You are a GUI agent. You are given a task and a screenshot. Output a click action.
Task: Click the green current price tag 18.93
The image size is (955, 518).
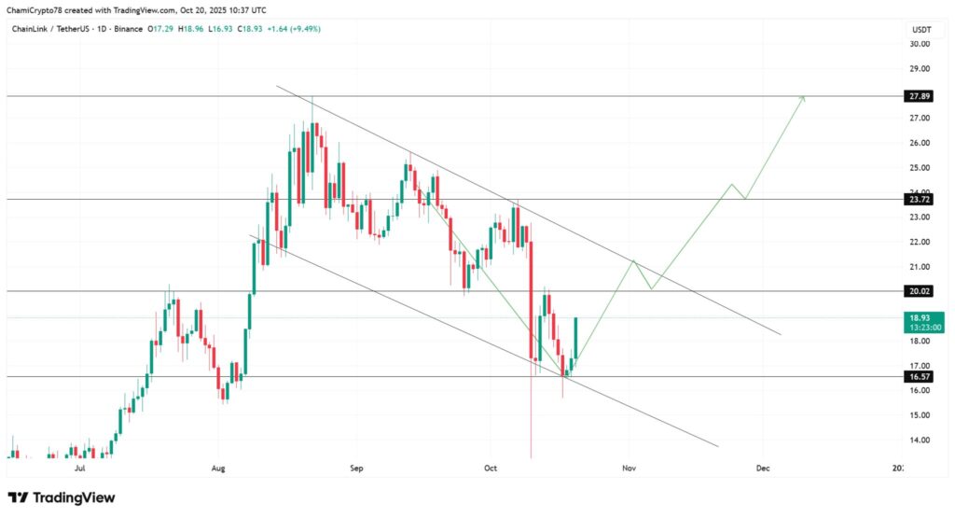point(918,317)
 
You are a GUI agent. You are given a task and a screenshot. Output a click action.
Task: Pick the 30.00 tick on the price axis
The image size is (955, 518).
point(920,44)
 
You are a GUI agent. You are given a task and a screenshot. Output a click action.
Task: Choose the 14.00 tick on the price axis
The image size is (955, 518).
point(920,441)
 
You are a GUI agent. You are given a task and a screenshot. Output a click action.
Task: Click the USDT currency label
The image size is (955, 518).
point(920,31)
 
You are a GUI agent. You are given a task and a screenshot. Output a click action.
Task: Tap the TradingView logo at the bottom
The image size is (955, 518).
point(62,497)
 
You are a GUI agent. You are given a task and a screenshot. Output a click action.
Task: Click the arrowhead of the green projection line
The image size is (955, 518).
point(803,97)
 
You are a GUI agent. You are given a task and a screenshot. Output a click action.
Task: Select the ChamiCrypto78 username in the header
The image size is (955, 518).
point(39,9)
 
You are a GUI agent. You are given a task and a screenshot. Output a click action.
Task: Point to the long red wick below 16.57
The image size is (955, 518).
point(531,420)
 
